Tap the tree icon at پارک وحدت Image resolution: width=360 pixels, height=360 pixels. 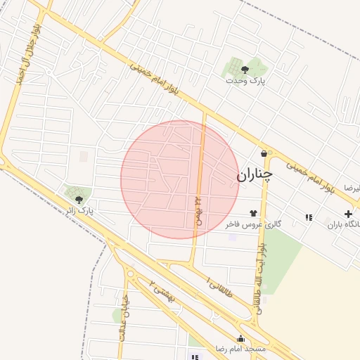click(x=245, y=69)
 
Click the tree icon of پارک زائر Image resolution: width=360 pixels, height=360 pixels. click(x=77, y=200)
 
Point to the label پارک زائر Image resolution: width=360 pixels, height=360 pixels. click(x=79, y=211)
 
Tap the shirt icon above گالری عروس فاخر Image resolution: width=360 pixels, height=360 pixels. click(x=253, y=212)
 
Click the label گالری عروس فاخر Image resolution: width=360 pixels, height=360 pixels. click(x=253, y=224)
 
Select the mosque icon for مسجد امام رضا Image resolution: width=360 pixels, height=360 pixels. click(x=241, y=338)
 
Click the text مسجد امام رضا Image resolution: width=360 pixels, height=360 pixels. click(x=241, y=349)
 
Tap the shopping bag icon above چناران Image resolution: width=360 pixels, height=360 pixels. click(x=264, y=153)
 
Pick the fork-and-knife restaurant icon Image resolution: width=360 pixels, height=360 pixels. click(x=309, y=217)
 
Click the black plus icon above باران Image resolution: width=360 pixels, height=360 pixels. click(x=348, y=214)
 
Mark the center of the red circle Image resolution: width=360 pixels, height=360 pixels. click(x=179, y=179)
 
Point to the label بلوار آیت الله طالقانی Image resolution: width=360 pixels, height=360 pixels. click(x=260, y=278)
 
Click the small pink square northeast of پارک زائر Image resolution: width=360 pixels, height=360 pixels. click(x=84, y=156)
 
